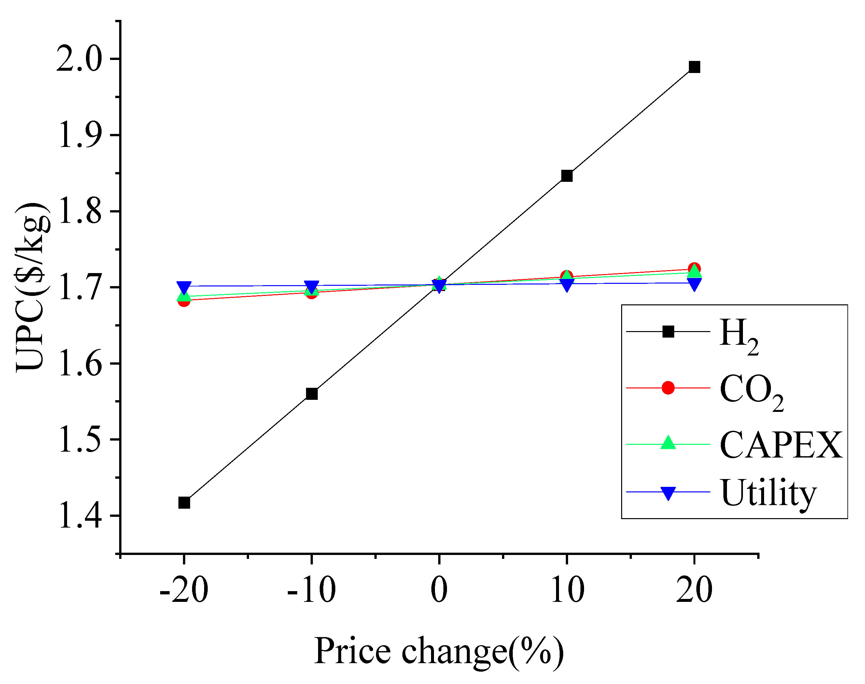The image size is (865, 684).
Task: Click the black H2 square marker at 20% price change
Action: (x=694, y=67)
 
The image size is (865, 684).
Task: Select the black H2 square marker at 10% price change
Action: (x=566, y=176)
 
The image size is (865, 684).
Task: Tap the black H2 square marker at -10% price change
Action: (x=312, y=394)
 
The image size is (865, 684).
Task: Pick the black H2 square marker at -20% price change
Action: (x=184, y=502)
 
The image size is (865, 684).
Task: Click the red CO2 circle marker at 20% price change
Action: (x=694, y=268)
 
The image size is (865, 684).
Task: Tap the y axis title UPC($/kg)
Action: (x=33, y=287)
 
